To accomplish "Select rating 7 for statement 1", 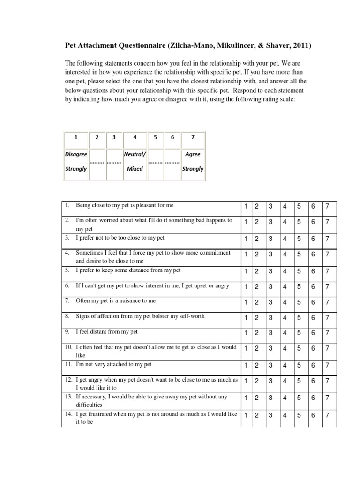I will click(327, 207).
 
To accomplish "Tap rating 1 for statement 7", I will click(245, 302).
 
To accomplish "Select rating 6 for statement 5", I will click(313, 271).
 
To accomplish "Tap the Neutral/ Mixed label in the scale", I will click(135, 161).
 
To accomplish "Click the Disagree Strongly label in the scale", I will click(76, 161).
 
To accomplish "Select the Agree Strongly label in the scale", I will click(193, 161).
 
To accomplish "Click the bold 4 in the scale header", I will click(135, 137).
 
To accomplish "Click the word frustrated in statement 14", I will click(100, 414).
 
